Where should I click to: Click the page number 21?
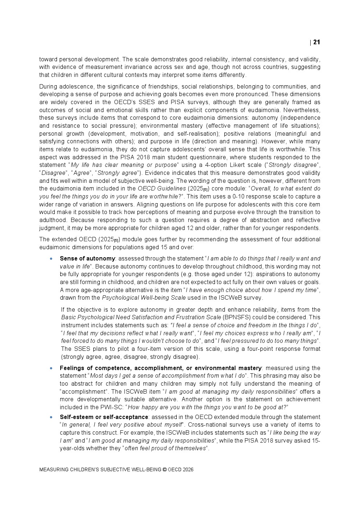click(316, 42)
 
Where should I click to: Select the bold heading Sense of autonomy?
click(87, 259)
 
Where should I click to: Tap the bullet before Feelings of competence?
click(51, 368)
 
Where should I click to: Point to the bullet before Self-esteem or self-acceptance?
click(51, 417)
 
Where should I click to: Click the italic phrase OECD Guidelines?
click(161, 189)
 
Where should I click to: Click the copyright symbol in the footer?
click(164, 469)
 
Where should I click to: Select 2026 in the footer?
click(188, 469)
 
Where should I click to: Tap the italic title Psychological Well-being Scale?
click(144, 298)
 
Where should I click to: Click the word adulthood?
click(53, 220)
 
